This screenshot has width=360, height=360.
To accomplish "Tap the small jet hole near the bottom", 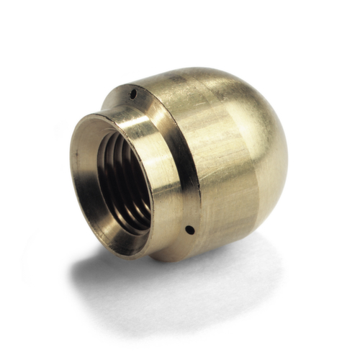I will tap(188, 230).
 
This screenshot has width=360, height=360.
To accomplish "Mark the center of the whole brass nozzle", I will tap(180, 166).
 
